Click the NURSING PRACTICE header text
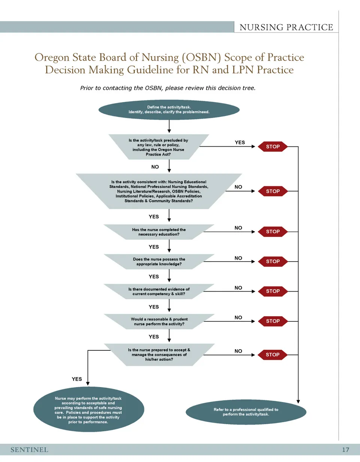coord(286,27)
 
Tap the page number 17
coord(345,450)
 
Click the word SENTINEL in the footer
coord(29,450)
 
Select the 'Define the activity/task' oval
coord(169,110)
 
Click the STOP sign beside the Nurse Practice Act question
coord(273,147)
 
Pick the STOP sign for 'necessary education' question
coord(273,232)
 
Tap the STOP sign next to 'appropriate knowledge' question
coord(273,261)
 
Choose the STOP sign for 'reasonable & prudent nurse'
coord(273,321)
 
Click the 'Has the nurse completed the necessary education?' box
coord(159,232)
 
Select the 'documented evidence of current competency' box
coord(159,292)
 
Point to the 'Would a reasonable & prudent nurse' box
coord(159,321)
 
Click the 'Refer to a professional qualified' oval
coord(246,412)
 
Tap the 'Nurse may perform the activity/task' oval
coord(88,410)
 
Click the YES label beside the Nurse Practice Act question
coord(240,142)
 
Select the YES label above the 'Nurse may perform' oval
coord(77,379)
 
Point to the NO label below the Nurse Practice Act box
coord(155,167)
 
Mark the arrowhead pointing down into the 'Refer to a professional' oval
coord(298,401)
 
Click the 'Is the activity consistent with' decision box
coord(159,191)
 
